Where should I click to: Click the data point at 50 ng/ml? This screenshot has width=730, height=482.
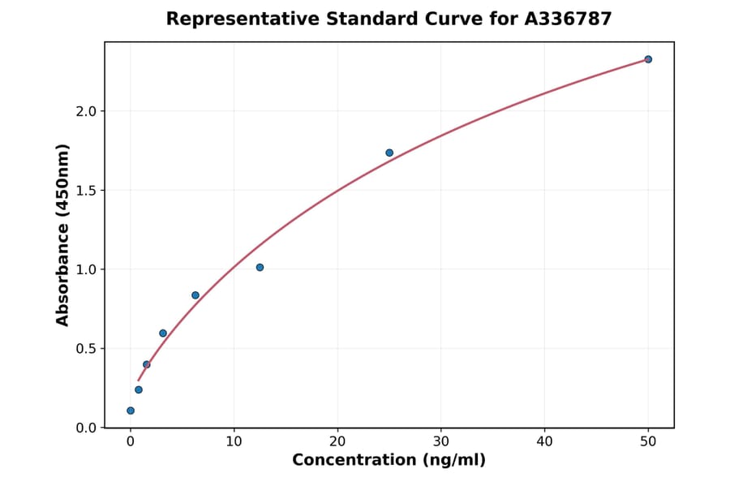pos(648,59)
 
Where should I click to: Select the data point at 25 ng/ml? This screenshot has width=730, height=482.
pos(389,153)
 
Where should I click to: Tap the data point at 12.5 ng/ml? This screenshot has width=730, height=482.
pos(260,267)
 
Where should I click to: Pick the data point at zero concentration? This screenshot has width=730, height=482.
pos(131,411)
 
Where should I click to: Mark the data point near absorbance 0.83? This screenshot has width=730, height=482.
pos(195,295)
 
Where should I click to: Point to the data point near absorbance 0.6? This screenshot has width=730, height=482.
pos(163,334)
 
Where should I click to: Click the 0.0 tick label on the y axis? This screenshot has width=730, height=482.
pos(86,428)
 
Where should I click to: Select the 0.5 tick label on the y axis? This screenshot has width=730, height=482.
pos(86,349)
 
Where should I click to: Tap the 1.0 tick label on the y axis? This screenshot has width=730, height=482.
pos(86,269)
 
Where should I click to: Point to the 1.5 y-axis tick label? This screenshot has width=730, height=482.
pos(86,191)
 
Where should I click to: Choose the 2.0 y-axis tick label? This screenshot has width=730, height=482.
pos(86,111)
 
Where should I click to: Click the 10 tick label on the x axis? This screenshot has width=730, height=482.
pos(234,442)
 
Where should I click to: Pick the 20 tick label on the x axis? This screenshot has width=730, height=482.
pos(337,442)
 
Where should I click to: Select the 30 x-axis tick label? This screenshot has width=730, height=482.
pos(441,442)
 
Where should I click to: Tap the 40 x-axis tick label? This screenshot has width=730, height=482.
pos(544,442)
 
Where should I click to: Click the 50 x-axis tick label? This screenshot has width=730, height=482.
pos(648,442)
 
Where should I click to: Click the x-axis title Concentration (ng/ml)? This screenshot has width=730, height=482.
pos(389,461)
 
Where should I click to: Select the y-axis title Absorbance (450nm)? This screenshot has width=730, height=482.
pos(63,235)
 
